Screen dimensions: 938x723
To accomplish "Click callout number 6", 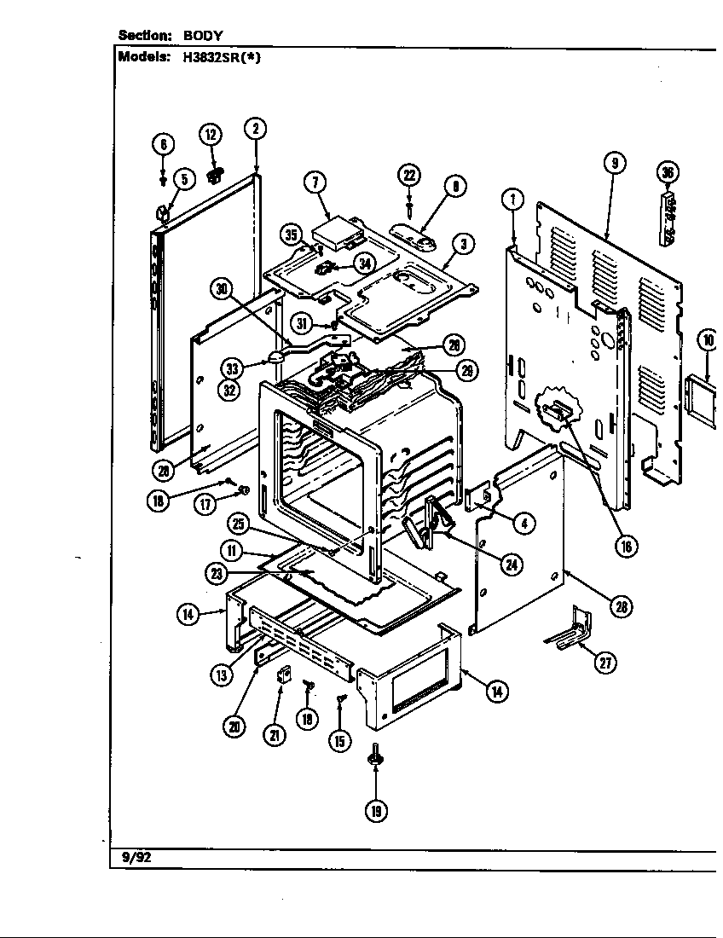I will pyautogui.click(x=164, y=143).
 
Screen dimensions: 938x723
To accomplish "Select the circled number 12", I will pyautogui.click(x=211, y=134).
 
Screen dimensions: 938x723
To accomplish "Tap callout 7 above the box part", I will pyautogui.click(x=315, y=182).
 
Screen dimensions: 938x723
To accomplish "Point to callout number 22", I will pyautogui.click(x=409, y=175).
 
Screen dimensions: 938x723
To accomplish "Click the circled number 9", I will pyautogui.click(x=614, y=163).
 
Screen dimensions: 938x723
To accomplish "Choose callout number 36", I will pyautogui.click(x=668, y=173).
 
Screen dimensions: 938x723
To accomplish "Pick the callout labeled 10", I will pyautogui.click(x=708, y=339).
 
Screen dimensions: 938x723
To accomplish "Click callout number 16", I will pyautogui.click(x=627, y=547).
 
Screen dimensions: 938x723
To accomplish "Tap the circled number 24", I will pyautogui.click(x=512, y=564).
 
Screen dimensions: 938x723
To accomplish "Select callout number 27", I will pyautogui.click(x=605, y=663).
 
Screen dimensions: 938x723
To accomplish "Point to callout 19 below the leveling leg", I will pyautogui.click(x=375, y=810).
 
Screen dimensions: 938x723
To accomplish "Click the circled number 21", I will pyautogui.click(x=275, y=735).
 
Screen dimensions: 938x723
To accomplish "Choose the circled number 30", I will pyautogui.click(x=223, y=288).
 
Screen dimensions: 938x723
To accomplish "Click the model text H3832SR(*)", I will pyautogui.click(x=224, y=58).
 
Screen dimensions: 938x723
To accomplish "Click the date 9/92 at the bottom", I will pyautogui.click(x=136, y=858).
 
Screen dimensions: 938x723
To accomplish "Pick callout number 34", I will pyautogui.click(x=365, y=263).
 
